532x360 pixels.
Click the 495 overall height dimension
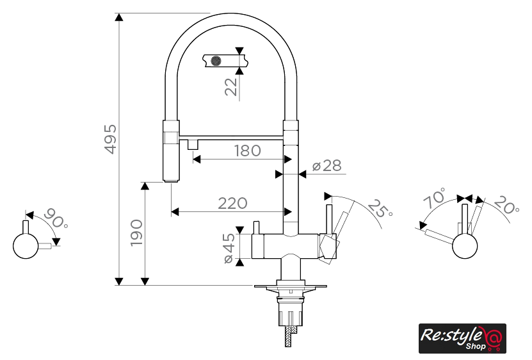[111, 139]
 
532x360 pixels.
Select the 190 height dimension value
[137, 233]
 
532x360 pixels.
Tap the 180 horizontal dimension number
[248, 151]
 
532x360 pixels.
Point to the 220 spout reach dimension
[232, 204]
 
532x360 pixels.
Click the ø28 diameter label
[326, 166]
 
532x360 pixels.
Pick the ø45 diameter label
[229, 248]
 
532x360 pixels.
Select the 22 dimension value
[230, 87]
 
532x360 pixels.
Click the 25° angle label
[380, 209]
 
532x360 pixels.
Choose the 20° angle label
[506, 205]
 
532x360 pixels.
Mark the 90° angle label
[56, 218]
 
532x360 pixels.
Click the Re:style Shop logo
[462, 338]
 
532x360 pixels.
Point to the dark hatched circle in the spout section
[216, 61]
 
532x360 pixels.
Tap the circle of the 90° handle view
[26, 246]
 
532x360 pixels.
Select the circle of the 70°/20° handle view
[465, 246]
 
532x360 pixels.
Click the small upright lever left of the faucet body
[256, 227]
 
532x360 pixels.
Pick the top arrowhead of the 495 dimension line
[118, 17]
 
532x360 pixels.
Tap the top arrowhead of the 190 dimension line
[145, 186]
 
